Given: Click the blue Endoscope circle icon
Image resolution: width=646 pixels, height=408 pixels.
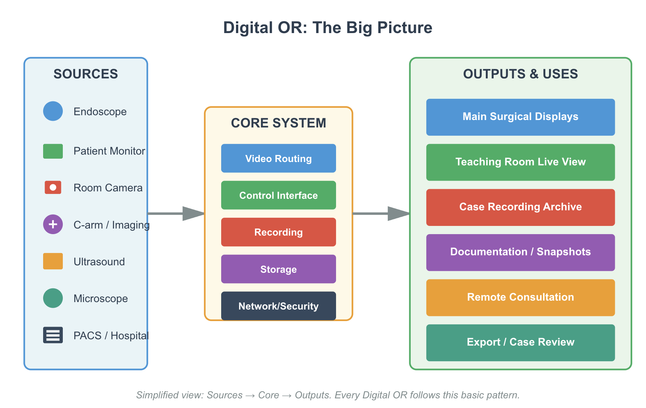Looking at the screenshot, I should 53,111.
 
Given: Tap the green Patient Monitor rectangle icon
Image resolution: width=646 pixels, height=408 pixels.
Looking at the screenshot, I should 53,151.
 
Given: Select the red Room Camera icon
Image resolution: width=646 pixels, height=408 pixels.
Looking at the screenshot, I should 53,187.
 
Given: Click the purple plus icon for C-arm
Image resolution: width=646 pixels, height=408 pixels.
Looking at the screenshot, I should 53,224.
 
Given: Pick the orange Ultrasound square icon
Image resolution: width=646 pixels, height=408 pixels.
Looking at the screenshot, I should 53,261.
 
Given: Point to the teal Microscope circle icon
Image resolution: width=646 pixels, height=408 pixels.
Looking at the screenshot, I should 53,298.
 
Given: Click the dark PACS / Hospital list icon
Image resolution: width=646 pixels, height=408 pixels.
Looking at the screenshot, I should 53,335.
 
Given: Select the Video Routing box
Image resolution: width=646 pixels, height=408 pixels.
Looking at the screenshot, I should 278,158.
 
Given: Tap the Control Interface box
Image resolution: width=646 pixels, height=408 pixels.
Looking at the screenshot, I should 278,195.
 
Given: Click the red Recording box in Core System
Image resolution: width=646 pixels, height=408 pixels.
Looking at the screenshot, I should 278,232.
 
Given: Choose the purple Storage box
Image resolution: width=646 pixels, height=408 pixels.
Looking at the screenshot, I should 278,269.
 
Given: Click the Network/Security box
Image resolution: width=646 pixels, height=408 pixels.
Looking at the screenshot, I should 278,306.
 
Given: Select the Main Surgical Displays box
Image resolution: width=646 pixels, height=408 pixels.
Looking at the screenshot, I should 520,117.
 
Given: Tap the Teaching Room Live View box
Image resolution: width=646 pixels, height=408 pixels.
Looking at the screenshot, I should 520,162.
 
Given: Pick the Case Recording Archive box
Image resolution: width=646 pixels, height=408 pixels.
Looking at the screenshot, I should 520,207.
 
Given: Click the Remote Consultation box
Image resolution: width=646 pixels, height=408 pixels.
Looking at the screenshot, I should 520,297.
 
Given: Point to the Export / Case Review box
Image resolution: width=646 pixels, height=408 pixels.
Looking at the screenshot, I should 520,343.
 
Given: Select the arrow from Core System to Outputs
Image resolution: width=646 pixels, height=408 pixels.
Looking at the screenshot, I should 381,214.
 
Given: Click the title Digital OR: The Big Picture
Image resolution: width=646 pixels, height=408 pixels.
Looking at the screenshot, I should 327,28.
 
